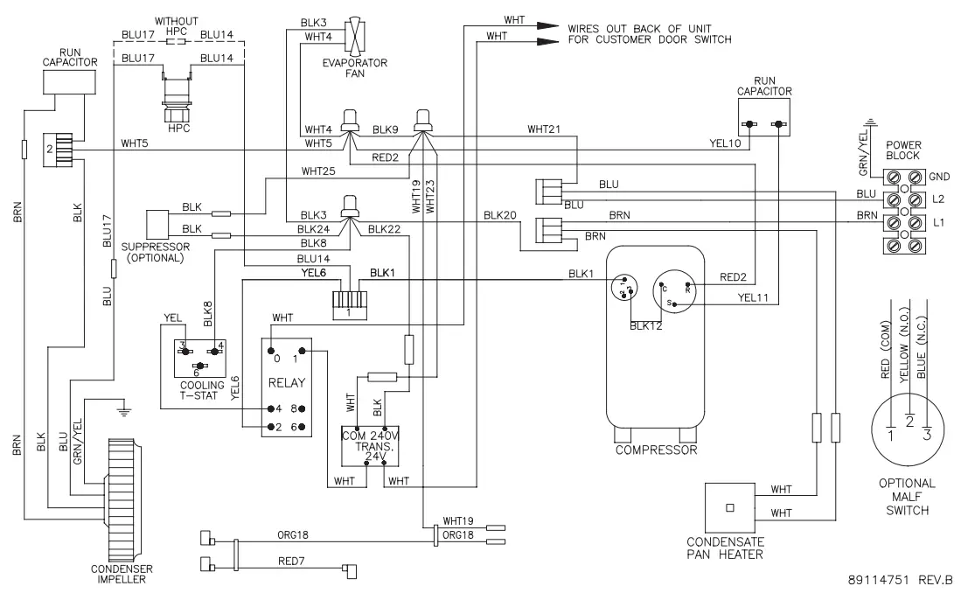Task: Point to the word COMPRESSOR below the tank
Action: click(x=656, y=450)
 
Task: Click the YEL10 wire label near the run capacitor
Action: click(x=722, y=143)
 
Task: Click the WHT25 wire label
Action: click(x=317, y=171)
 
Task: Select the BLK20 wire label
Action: click(x=500, y=215)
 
